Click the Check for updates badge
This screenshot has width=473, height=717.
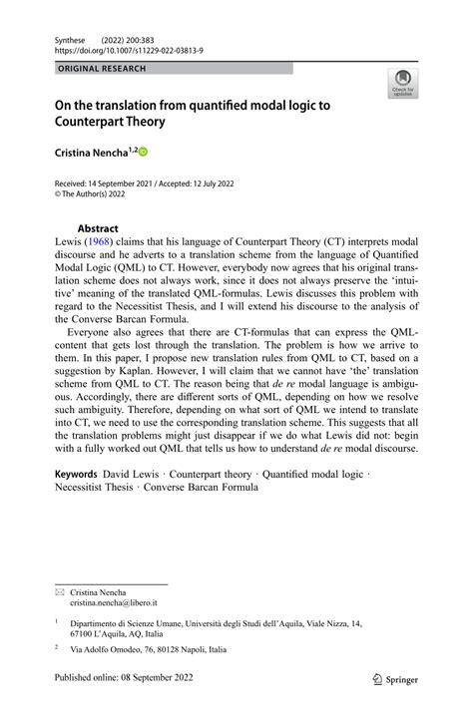[x=404, y=81]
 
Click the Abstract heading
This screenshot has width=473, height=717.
[x=98, y=227]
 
